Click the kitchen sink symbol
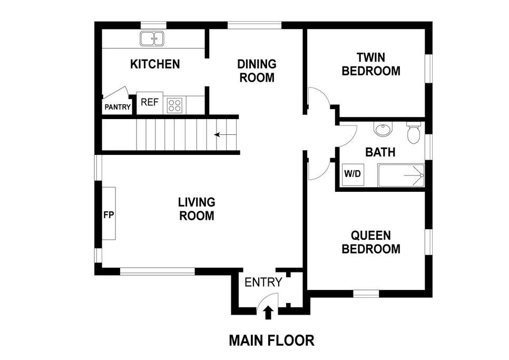click(x=152, y=38)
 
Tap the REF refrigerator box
click(x=150, y=103)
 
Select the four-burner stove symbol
click(x=174, y=105)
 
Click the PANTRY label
click(x=118, y=107)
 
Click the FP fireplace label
click(x=109, y=215)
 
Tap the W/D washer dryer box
click(x=353, y=174)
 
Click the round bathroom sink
click(x=383, y=129)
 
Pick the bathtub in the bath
click(x=401, y=176)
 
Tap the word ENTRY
click(x=263, y=283)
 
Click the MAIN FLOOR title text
click(x=272, y=340)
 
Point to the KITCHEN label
click(x=155, y=64)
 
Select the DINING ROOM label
click(x=257, y=71)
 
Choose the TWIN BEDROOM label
click(x=371, y=64)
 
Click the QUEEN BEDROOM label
click(x=371, y=242)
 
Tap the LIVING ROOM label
click(x=197, y=209)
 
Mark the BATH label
click(x=380, y=152)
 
